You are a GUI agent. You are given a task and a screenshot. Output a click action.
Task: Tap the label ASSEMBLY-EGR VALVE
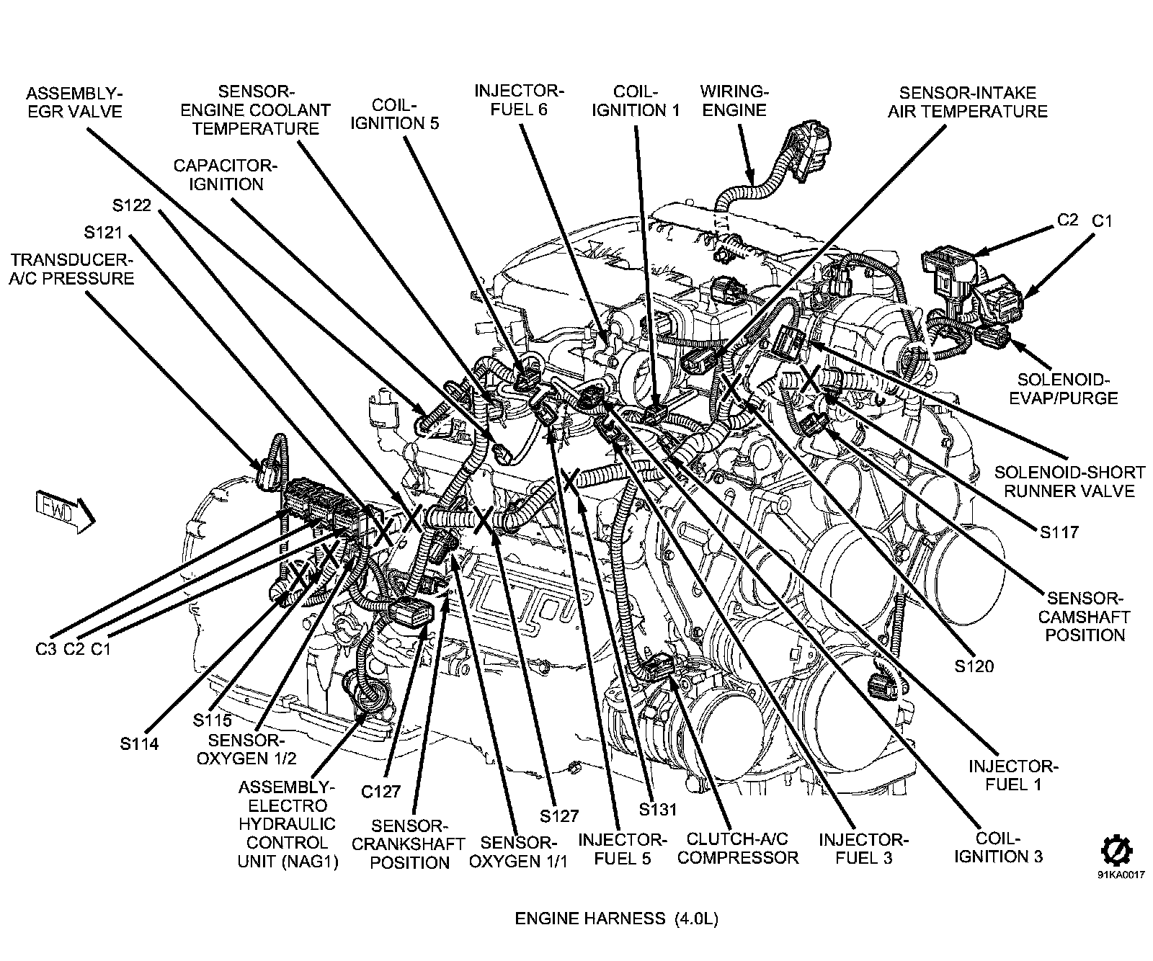pyautogui.click(x=74, y=102)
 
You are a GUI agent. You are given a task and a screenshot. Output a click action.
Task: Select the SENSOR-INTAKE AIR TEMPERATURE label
pyautogui.click(x=967, y=102)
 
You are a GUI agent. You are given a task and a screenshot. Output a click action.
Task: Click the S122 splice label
pyautogui.click(x=131, y=205)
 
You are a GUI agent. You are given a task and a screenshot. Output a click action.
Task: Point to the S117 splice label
pyautogui.click(x=1059, y=532)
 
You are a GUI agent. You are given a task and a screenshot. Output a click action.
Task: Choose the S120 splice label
pyautogui.click(x=974, y=666)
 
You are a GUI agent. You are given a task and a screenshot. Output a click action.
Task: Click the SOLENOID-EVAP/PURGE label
pyautogui.click(x=1067, y=388)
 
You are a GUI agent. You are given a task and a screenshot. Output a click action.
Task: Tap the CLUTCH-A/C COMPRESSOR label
pyautogui.click(x=738, y=849)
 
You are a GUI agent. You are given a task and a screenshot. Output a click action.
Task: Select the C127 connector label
pyautogui.click(x=380, y=792)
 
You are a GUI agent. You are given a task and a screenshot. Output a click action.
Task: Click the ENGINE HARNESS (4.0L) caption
pyautogui.click(x=616, y=918)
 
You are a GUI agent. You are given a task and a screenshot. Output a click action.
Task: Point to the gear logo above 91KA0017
pyautogui.click(x=1116, y=850)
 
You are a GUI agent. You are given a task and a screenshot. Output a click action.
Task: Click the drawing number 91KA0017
pyautogui.click(x=1116, y=877)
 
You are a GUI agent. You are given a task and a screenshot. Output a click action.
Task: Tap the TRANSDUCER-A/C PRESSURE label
pyautogui.click(x=71, y=269)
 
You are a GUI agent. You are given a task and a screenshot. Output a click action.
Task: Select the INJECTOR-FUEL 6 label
pyautogui.click(x=520, y=100)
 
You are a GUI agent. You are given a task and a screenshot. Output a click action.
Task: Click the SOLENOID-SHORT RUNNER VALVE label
pyautogui.click(x=1069, y=482)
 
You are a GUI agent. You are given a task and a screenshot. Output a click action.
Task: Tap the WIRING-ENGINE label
pyautogui.click(x=734, y=101)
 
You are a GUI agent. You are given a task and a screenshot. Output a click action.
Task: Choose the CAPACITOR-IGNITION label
pyautogui.click(x=225, y=175)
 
